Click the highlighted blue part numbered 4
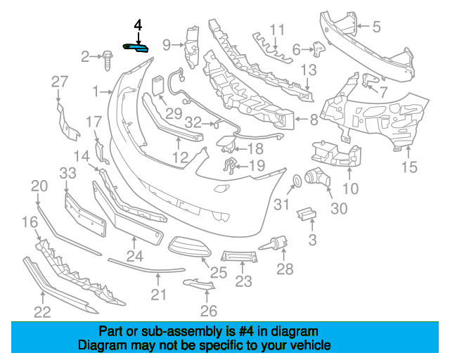136,49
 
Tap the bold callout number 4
138,25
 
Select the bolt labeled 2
108,60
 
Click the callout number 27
60,82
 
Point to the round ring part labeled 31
297,181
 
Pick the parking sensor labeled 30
317,177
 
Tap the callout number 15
409,167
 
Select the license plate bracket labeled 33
85,215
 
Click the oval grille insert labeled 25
189,247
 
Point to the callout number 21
158,295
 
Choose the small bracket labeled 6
319,49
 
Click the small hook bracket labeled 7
368,79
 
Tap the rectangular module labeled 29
157,85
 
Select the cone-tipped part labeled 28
273,243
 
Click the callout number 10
351,188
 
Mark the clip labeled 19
230,166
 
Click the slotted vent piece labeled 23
239,256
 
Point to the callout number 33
68,173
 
